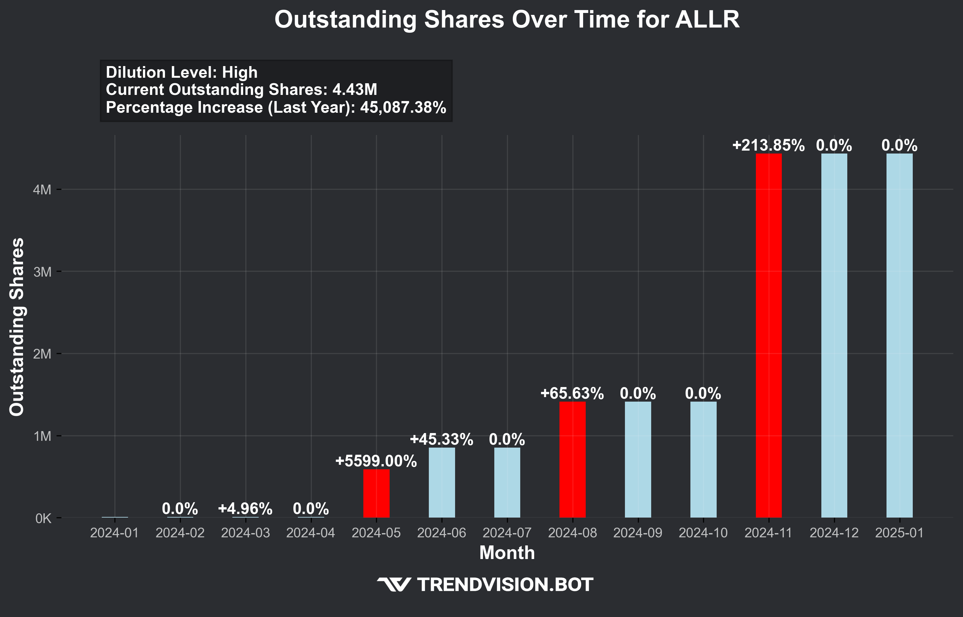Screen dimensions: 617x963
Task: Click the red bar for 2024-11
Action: pos(769,335)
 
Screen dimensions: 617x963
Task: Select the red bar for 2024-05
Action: pos(376,493)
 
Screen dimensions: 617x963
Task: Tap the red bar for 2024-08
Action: pos(572,459)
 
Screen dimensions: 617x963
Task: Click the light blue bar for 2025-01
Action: pos(899,335)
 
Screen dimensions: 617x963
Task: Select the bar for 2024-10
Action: pos(703,459)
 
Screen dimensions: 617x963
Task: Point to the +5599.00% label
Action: pos(376,461)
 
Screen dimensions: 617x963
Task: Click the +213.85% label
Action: pos(768,145)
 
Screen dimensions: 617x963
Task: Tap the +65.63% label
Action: pos(572,394)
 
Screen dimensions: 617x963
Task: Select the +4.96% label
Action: pos(245,509)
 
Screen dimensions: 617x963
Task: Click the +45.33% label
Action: pos(441,440)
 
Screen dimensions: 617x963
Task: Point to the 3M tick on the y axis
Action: pos(42,272)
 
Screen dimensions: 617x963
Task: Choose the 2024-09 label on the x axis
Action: pos(638,533)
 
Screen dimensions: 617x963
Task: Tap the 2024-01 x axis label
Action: pos(115,533)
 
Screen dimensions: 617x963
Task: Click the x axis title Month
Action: pos(507,553)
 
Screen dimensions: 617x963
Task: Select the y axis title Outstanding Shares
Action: pos(17,326)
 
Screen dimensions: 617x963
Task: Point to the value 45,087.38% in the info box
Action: pos(403,108)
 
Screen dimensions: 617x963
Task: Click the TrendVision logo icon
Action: pos(394,585)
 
